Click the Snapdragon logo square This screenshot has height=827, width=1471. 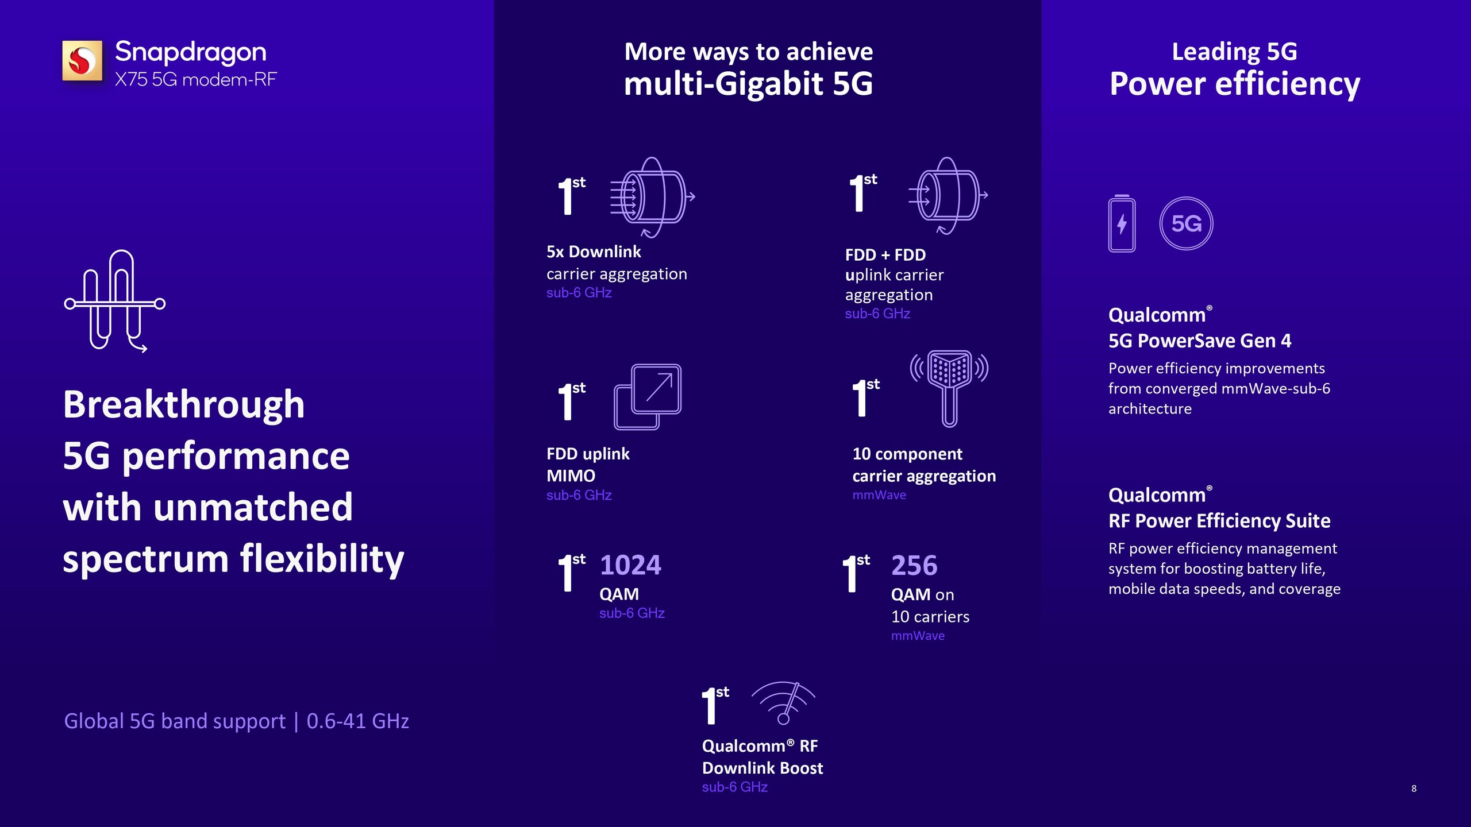click(x=82, y=60)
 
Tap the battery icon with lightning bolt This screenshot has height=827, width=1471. click(x=1122, y=223)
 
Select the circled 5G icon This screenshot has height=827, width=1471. click(x=1186, y=223)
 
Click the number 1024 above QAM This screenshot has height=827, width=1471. click(x=630, y=565)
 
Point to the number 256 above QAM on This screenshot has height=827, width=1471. click(x=914, y=565)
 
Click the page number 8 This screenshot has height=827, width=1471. click(x=1414, y=789)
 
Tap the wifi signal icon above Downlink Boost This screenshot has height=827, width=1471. click(x=784, y=703)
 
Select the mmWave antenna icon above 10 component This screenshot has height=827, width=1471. click(x=949, y=388)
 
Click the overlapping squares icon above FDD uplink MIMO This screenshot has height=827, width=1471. click(x=648, y=397)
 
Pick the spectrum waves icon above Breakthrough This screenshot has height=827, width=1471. click(x=115, y=300)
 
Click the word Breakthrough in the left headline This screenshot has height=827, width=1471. click(x=184, y=404)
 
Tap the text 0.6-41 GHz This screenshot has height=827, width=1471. click(x=357, y=721)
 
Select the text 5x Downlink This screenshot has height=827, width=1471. click(x=594, y=252)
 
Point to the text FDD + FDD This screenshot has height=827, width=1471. click(x=885, y=254)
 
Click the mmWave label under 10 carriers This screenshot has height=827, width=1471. click(x=918, y=636)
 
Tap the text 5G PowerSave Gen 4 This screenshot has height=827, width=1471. click(x=1200, y=341)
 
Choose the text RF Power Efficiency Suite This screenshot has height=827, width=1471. click(x=1219, y=521)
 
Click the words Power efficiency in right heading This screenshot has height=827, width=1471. click(x=1235, y=84)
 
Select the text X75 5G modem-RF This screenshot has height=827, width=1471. click(x=196, y=79)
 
